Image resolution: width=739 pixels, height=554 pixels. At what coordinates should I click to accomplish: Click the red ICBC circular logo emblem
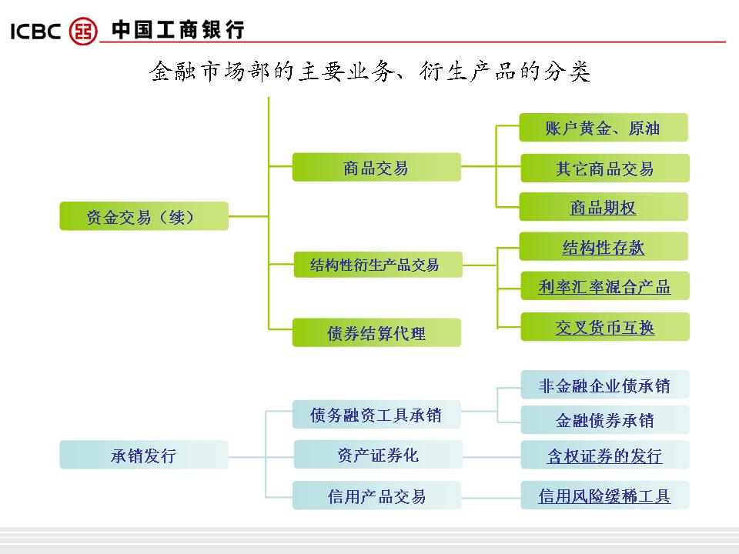[x=84, y=31]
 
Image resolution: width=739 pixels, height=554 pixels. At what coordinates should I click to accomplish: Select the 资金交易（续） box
[x=144, y=216]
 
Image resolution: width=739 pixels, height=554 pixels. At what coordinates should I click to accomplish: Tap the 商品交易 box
[x=376, y=167]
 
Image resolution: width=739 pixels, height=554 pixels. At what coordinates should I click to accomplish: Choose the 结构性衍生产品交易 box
[x=377, y=265]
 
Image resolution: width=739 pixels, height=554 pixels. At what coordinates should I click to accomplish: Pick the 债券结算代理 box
[x=376, y=333]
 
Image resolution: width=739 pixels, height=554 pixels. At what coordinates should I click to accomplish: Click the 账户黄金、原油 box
[x=603, y=128]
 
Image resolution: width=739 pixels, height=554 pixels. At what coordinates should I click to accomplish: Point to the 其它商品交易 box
[x=604, y=169]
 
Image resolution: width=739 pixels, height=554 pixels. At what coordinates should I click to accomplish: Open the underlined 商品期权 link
[x=604, y=208]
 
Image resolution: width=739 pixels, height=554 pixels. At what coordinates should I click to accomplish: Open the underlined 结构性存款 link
[x=604, y=247]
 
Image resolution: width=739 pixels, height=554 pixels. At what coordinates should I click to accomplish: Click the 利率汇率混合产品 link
[x=604, y=287]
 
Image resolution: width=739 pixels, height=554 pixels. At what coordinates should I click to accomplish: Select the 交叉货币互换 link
[x=605, y=327]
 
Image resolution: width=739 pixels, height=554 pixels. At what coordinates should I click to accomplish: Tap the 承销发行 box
[x=144, y=455]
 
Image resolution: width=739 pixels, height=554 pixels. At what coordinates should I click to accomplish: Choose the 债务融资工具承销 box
[x=376, y=415]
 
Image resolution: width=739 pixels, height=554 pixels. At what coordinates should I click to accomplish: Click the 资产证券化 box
[x=377, y=455]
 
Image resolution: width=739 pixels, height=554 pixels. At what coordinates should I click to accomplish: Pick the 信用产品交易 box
[x=376, y=496]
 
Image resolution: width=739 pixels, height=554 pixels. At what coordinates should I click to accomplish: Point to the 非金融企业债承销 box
[x=604, y=385]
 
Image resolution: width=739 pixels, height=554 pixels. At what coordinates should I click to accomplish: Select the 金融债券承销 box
[x=604, y=420]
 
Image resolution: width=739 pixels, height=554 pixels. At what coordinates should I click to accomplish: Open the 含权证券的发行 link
[x=604, y=456]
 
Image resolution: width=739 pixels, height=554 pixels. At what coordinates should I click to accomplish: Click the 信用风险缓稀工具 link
[x=604, y=496]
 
